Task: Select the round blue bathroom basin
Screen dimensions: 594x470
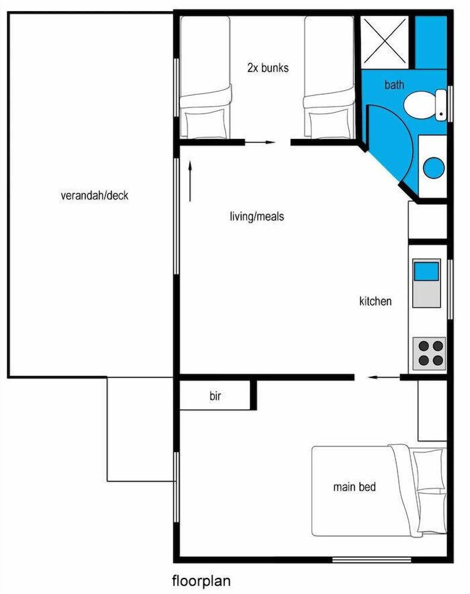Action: click(x=434, y=167)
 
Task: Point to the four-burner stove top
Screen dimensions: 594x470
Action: click(x=428, y=352)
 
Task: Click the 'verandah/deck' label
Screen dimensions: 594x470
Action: click(x=94, y=195)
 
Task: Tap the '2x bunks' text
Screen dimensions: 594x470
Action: click(x=268, y=68)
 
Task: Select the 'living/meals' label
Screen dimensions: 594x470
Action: click(x=256, y=216)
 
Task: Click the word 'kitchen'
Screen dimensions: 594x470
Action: click(x=375, y=301)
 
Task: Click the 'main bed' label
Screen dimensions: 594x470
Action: click(x=354, y=487)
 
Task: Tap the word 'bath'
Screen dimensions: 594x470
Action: click(x=394, y=85)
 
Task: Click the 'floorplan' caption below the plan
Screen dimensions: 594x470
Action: click(x=201, y=580)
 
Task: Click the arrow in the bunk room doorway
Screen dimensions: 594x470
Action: click(x=261, y=143)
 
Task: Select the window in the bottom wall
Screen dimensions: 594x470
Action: click(x=371, y=559)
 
